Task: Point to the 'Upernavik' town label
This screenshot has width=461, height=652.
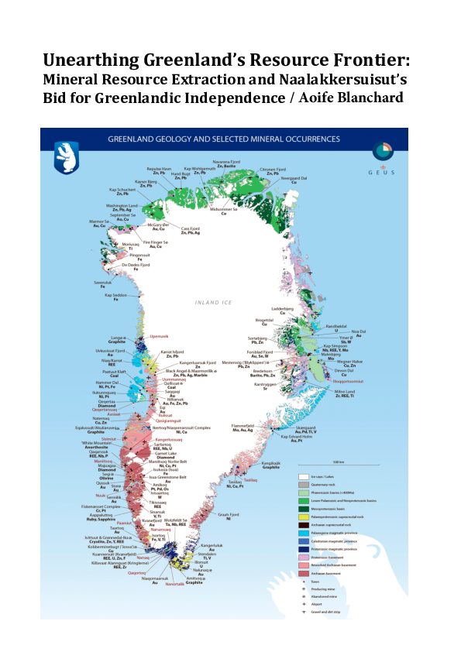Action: click(x=158, y=336)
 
